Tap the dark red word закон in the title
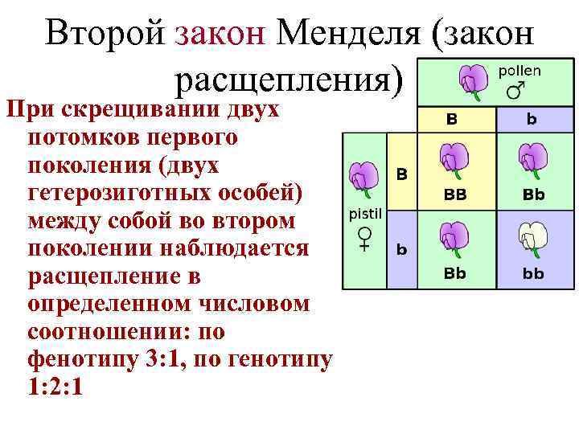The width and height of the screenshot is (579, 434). tap(220, 33)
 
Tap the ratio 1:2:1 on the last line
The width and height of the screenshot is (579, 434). tap(55, 387)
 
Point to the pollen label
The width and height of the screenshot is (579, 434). tap(520, 71)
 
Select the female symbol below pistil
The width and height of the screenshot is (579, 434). tap(364, 238)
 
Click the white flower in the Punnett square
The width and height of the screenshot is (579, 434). tap(532, 236)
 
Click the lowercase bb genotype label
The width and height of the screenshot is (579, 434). tap(532, 273)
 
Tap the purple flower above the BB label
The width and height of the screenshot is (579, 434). tap(455, 158)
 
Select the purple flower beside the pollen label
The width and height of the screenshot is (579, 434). tap(470, 81)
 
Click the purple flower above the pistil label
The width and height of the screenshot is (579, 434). tap(364, 179)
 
